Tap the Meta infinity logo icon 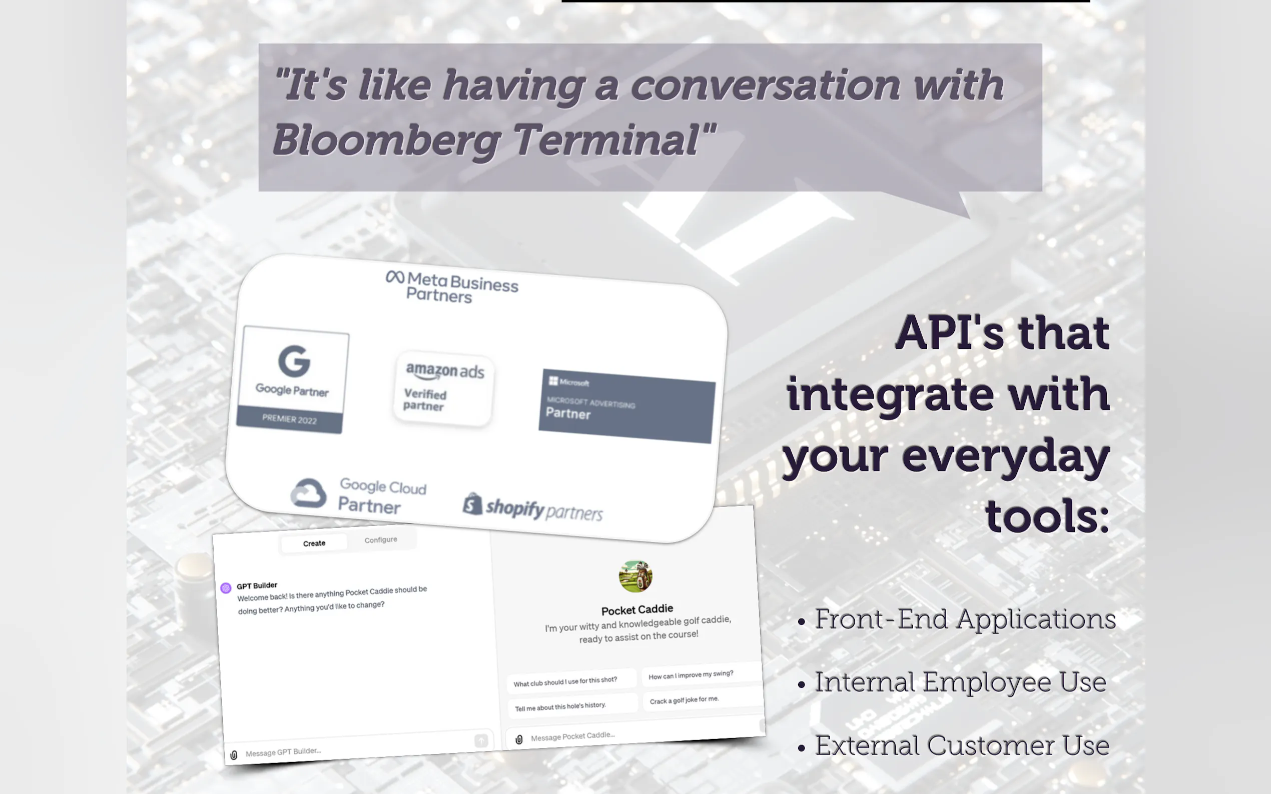pyautogui.click(x=395, y=276)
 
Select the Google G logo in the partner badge pyautogui.click(x=294, y=361)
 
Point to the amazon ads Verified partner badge pyautogui.click(x=444, y=388)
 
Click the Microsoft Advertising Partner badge pyautogui.click(x=627, y=406)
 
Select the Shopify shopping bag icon pyautogui.click(x=472, y=503)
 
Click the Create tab pyautogui.click(x=314, y=543)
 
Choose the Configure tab pyautogui.click(x=381, y=540)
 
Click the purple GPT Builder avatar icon pyautogui.click(x=226, y=587)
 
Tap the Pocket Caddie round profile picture pyautogui.click(x=636, y=576)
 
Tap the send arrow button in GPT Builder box pyautogui.click(x=481, y=740)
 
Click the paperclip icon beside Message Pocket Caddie pyautogui.click(x=519, y=739)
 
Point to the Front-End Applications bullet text pyautogui.click(x=965, y=619)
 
